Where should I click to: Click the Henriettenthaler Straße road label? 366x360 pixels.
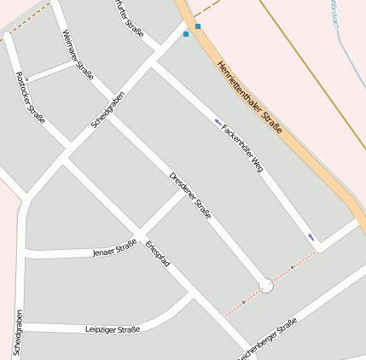pos(248,97)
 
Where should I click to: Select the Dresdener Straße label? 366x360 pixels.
pos(190,195)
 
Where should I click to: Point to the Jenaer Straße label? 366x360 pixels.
pos(114,249)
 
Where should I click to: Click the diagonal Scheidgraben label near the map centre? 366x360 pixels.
pos(108,111)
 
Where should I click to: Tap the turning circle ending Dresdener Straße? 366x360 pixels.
pos(266,286)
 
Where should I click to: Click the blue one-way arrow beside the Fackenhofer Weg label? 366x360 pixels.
pos(218,122)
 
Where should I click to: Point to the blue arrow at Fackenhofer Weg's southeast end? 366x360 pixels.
pos(311,237)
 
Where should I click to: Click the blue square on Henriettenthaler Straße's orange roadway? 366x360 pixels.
pos(198,26)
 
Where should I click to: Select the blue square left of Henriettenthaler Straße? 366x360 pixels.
pos(186,34)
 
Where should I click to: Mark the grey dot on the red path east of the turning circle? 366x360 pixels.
pos(292,268)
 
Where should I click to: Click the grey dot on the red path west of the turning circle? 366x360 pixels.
pos(244,301)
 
